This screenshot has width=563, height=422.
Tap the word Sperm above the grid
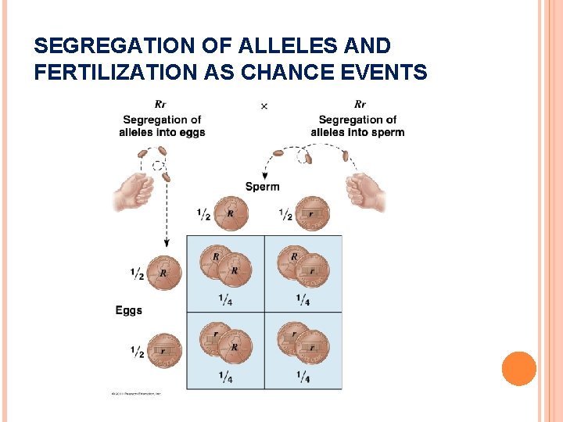point(262,187)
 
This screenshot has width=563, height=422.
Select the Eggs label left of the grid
point(129,310)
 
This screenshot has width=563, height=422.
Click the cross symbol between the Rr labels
point(264,105)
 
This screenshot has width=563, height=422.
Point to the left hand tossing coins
point(134,191)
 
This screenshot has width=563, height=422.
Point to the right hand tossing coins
point(366,191)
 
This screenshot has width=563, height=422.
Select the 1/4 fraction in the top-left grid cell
point(225,299)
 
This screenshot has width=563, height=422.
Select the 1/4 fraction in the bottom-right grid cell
point(303,377)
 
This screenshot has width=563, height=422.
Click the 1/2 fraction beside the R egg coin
point(137,274)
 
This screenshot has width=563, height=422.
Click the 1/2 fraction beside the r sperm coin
point(285,214)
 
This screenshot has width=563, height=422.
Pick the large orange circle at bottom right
point(518,368)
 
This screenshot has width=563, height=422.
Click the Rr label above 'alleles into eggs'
point(161,105)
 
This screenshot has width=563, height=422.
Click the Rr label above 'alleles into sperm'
point(360,105)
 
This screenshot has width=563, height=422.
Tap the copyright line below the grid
point(138,392)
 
